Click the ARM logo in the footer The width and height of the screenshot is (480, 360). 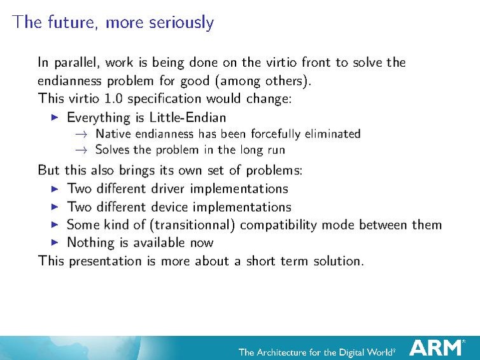click(437, 347)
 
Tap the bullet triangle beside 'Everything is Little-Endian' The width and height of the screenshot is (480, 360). click(55, 117)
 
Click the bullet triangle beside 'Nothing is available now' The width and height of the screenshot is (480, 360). click(55, 242)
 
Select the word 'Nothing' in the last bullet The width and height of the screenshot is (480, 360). click(90, 243)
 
